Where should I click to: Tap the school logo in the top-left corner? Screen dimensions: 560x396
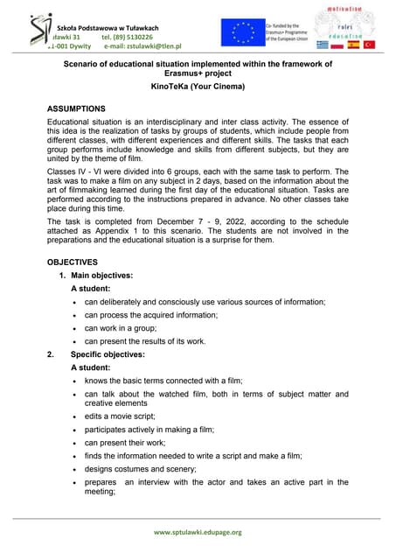pos(17,33)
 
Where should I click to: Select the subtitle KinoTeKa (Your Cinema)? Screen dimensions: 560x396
pos(198,88)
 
